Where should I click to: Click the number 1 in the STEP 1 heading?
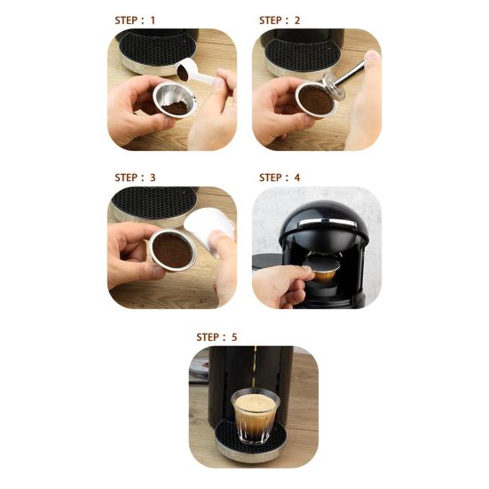point(153,20)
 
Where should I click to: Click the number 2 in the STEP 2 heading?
point(297,20)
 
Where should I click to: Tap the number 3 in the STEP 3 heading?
point(153,177)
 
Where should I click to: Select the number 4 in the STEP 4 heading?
point(297,177)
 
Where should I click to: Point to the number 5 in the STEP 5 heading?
point(234,337)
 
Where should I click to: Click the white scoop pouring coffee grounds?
point(195,72)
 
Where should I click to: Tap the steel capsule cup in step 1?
point(175,99)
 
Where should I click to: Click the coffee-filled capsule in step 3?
point(172,250)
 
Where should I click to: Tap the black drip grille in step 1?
point(157,47)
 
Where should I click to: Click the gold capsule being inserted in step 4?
point(321,270)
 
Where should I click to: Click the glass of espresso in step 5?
point(255,416)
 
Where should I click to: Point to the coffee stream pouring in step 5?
point(255,368)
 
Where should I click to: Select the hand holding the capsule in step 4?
point(282,286)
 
